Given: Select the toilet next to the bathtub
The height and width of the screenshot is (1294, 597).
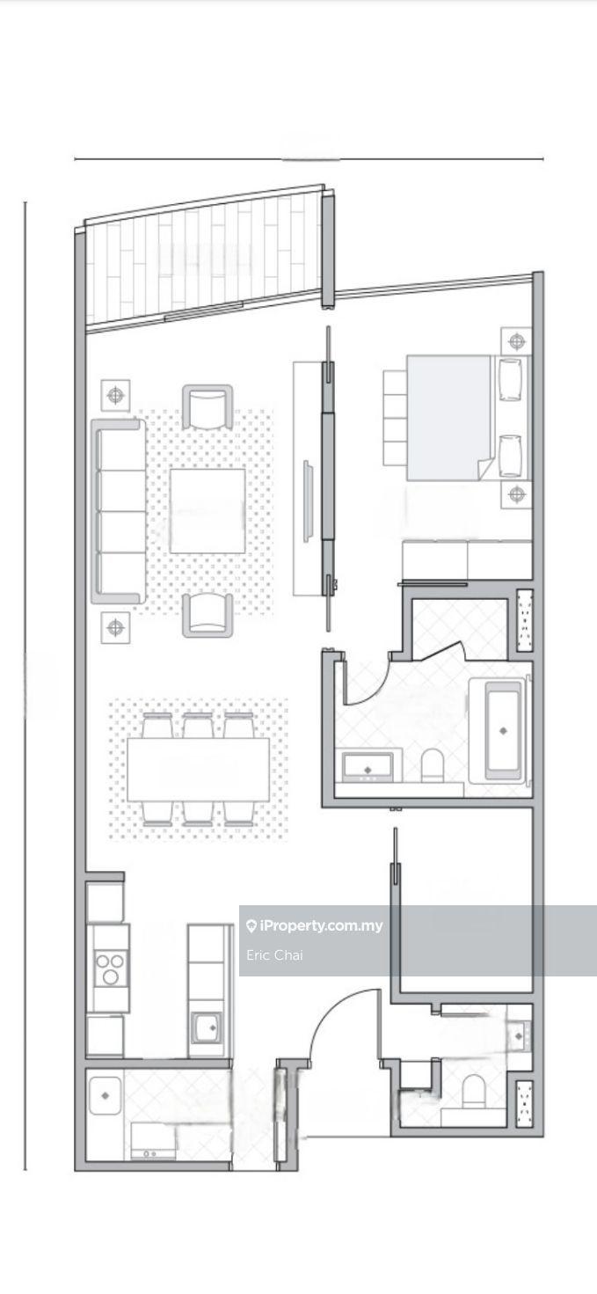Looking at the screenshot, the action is [x=432, y=765].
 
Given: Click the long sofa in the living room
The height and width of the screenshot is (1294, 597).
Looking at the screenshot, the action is [x=119, y=511].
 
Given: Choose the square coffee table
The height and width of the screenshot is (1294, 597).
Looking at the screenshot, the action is [x=207, y=511].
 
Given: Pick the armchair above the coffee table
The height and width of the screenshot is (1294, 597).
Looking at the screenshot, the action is [x=207, y=407].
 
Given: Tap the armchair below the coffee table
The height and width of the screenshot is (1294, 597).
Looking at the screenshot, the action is [x=207, y=616].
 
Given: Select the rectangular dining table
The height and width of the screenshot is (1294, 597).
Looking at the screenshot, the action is [x=199, y=769].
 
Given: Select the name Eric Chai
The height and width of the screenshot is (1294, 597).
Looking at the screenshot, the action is [x=274, y=955].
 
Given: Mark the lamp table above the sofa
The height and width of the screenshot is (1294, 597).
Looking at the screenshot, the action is [x=115, y=395].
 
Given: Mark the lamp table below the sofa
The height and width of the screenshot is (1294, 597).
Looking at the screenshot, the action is [x=115, y=627].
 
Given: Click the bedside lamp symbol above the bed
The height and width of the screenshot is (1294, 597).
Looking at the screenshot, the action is [x=516, y=341].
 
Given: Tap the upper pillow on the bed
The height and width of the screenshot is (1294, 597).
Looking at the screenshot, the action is [x=509, y=379].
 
